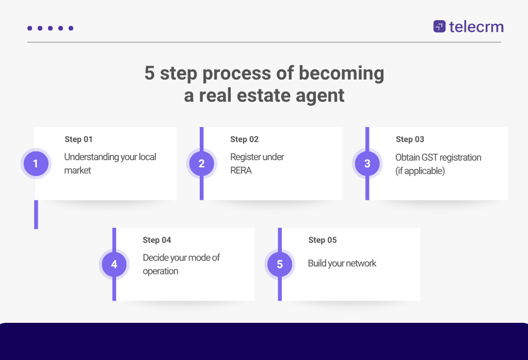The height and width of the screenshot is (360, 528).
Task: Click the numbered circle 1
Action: coord(36,164)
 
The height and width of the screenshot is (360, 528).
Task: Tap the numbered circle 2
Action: coord(201,164)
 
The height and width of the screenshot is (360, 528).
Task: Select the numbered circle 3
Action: coord(367,164)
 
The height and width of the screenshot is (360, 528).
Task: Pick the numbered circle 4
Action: coord(114,264)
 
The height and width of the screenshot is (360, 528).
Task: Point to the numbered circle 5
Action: coord(280,264)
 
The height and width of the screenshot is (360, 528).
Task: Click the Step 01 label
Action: coord(78,139)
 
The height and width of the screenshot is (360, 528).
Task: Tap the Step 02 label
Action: coord(244,139)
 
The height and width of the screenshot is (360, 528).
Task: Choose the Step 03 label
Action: coord(410,139)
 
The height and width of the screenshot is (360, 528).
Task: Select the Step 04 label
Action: coord(157,240)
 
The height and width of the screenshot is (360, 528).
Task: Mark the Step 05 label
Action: coord(323,240)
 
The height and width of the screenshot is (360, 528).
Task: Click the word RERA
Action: coord(241,170)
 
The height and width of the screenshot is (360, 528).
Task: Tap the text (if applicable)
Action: coord(420,170)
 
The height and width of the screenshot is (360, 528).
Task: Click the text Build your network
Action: coord(342,263)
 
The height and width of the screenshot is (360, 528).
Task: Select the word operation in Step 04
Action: coord(161,271)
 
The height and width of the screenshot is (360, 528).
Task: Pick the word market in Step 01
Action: coord(77,170)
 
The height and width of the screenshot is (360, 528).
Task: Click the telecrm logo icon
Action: coord(439,26)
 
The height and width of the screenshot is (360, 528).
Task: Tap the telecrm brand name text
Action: coord(476,26)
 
